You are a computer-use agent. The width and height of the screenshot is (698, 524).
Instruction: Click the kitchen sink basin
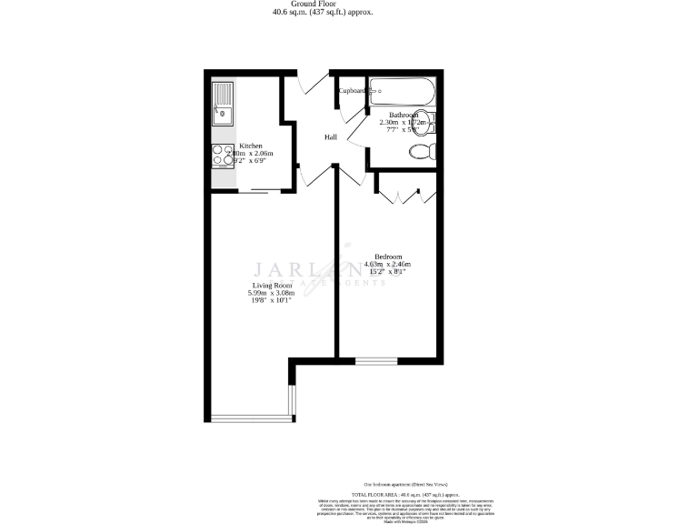tap(221, 115)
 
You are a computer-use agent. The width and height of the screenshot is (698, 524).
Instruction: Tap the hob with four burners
tap(221, 156)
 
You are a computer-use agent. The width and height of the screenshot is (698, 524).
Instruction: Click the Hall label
tap(333, 137)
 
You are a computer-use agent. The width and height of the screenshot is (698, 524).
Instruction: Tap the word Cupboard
tap(352, 91)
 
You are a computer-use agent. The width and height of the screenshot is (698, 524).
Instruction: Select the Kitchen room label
tap(251, 146)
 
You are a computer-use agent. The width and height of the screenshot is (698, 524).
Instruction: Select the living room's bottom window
tap(251, 418)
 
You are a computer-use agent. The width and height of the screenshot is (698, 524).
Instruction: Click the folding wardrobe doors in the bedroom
tap(400, 194)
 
